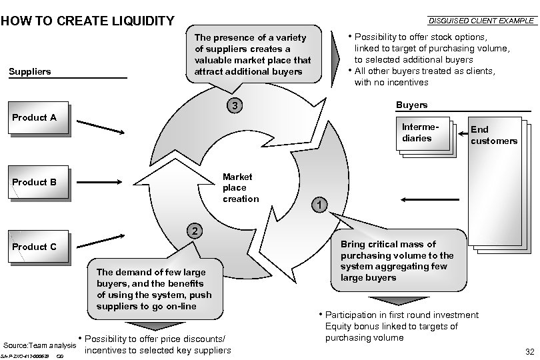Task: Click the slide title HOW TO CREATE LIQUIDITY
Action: coord(88,21)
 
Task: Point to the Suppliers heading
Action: coord(30,71)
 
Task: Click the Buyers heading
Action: coord(411,105)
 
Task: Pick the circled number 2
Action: coord(193,231)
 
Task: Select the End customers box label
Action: coord(493,135)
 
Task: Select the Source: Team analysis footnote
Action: coord(40,345)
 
